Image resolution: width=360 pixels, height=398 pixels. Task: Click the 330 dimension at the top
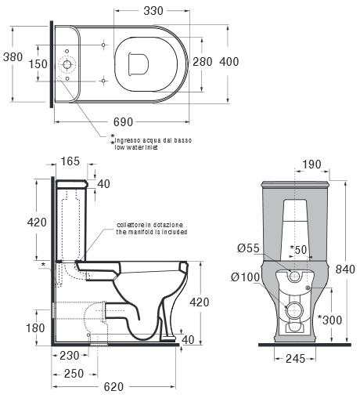[153, 11]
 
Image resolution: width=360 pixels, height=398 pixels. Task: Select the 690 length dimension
[123, 122]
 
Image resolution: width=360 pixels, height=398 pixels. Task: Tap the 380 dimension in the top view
[13, 57]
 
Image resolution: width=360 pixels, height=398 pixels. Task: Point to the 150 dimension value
[38, 64]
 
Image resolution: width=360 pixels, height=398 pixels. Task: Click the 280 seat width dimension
[203, 62]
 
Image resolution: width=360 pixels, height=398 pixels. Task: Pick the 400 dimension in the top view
[229, 62]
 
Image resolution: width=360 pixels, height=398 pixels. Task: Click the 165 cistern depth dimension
[70, 161]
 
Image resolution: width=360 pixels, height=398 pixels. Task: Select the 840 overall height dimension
[345, 270]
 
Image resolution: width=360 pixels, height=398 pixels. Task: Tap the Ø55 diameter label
[248, 248]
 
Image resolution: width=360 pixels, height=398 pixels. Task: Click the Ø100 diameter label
[246, 277]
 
